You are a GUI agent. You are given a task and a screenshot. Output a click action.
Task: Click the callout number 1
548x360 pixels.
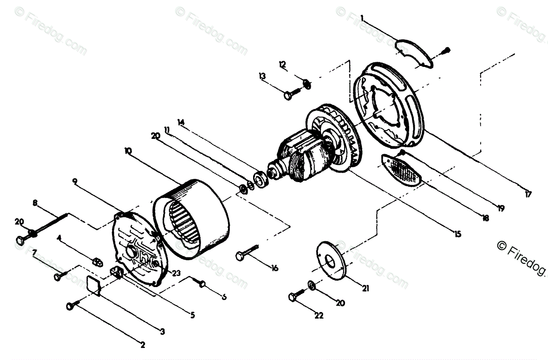click(362, 19)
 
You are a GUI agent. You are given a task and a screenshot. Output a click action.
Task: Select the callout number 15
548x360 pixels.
click(458, 235)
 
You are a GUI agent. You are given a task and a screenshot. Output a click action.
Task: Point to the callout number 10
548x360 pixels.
click(128, 151)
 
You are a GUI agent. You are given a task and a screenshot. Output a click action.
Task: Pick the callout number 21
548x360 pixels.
click(365, 288)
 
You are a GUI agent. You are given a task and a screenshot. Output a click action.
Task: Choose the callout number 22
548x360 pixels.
click(319, 316)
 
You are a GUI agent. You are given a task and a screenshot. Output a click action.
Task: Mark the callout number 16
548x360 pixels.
click(275, 268)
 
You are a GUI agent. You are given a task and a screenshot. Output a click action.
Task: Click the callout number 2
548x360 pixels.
click(143, 345)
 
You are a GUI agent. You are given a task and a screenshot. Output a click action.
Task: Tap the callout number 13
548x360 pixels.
click(262, 76)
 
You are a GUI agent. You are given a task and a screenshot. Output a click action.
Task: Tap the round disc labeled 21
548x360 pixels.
click(332, 260)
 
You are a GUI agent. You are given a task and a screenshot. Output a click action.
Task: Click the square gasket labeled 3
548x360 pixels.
click(95, 284)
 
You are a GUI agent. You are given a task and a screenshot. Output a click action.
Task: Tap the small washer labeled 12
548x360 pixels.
click(307, 84)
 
